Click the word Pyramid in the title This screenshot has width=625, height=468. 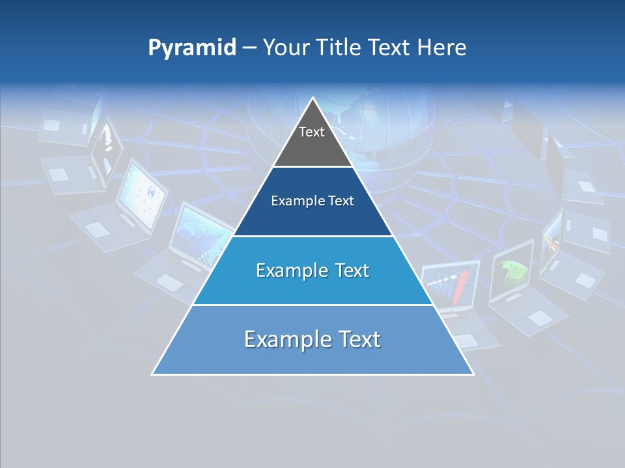click(192, 48)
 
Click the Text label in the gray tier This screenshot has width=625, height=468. click(312, 132)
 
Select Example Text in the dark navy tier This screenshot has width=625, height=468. click(312, 201)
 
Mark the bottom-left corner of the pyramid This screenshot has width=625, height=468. click(153, 374)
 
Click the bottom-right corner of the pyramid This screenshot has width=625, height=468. click(473, 374)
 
